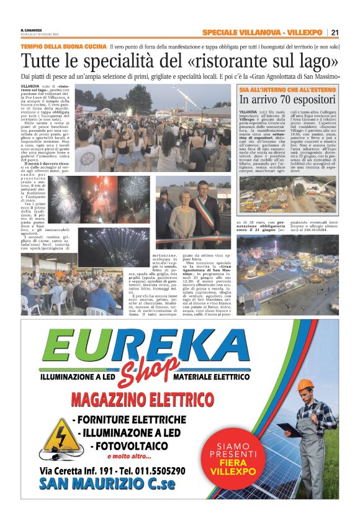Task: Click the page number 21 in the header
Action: (335, 32)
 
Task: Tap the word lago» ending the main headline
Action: (319, 62)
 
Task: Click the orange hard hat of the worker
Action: (305, 385)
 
